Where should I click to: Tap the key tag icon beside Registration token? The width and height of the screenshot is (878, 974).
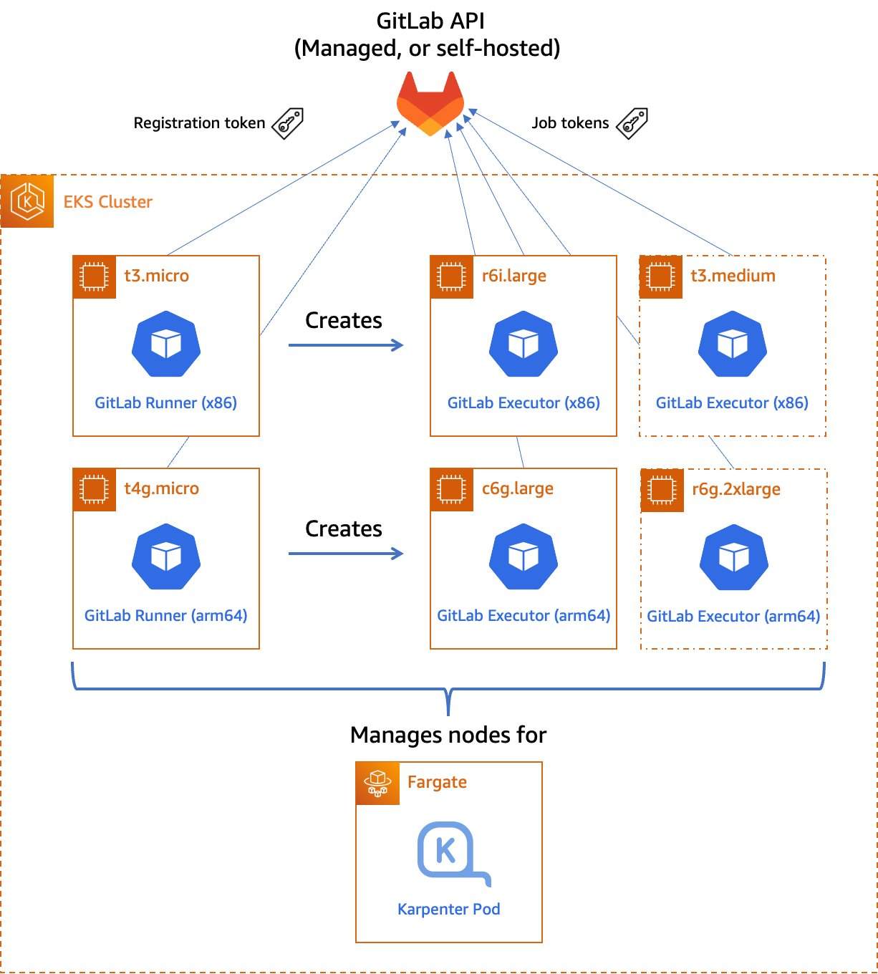point(288,123)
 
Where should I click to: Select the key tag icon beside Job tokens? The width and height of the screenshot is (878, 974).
point(632,123)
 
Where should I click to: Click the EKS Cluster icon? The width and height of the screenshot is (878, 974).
point(27,201)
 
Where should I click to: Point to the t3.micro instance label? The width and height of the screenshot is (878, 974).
point(156,276)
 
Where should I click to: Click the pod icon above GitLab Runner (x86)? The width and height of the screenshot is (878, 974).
point(166,344)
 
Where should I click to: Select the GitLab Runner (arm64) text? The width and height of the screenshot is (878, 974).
point(165,615)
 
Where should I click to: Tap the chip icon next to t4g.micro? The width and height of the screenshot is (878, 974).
point(95,489)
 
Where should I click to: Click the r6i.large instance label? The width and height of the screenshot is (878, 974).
point(513,276)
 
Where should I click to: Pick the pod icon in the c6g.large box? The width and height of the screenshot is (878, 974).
point(524,556)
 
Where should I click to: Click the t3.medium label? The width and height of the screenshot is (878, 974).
point(733,276)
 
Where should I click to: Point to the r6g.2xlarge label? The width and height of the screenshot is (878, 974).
point(735,489)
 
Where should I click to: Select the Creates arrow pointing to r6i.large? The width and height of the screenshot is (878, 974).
point(346,345)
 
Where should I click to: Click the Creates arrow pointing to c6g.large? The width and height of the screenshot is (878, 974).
point(346,553)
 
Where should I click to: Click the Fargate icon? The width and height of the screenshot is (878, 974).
point(377,783)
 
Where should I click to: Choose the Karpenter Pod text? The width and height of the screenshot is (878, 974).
point(448,909)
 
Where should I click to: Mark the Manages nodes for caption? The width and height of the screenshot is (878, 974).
point(448,735)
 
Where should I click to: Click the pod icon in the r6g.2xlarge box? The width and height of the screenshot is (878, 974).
point(733,557)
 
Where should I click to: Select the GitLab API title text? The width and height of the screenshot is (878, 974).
point(430,21)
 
